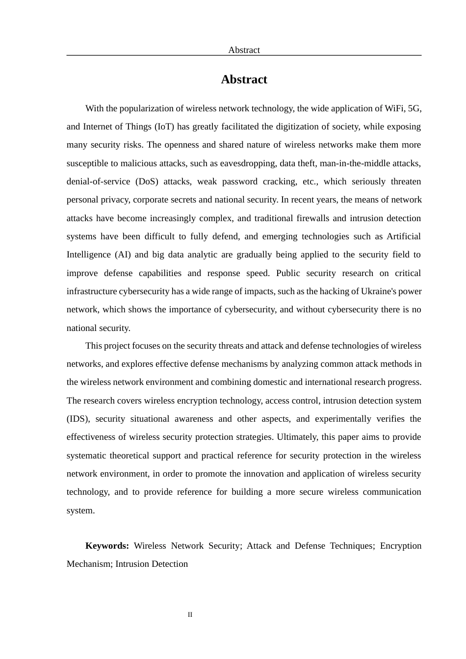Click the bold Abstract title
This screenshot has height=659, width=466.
pyautogui.click(x=244, y=79)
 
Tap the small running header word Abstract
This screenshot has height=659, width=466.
pyautogui.click(x=244, y=50)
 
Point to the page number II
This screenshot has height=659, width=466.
pyautogui.click(x=190, y=615)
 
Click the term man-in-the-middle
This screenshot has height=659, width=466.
pyautogui.click(x=352, y=163)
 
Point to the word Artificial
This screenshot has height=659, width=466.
pyautogui.click(x=404, y=236)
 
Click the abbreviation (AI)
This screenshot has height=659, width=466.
pyautogui.click(x=122, y=254)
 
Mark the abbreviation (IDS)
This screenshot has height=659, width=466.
pyautogui.click(x=78, y=419)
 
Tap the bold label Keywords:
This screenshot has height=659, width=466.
pyautogui.click(x=107, y=546)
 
